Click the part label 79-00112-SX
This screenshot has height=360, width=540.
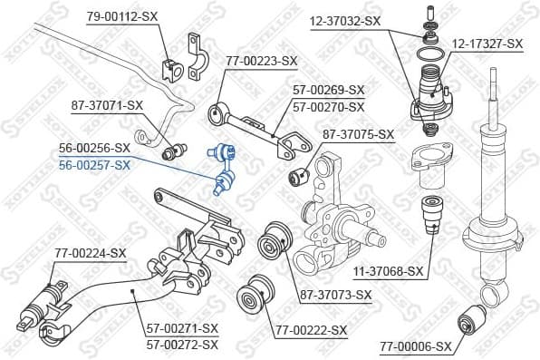click(123, 16)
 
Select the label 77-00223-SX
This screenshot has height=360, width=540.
click(262, 62)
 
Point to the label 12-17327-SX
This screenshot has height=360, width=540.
click(487, 43)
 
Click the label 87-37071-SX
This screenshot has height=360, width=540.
click(108, 106)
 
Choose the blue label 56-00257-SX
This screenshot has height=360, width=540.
click(95, 164)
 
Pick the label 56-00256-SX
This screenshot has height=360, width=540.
click(95, 147)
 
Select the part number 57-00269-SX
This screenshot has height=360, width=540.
click(328, 91)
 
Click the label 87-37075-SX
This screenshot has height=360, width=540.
click(358, 135)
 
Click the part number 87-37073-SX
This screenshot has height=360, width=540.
click(336, 295)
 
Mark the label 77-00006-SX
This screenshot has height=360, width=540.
click(415, 345)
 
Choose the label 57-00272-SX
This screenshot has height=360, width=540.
click(183, 345)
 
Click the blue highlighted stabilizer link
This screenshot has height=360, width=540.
click(222, 169)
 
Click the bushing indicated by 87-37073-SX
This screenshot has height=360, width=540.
click(271, 242)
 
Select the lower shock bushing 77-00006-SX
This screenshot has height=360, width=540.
click(474, 319)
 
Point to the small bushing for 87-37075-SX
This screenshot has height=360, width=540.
click(299, 173)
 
